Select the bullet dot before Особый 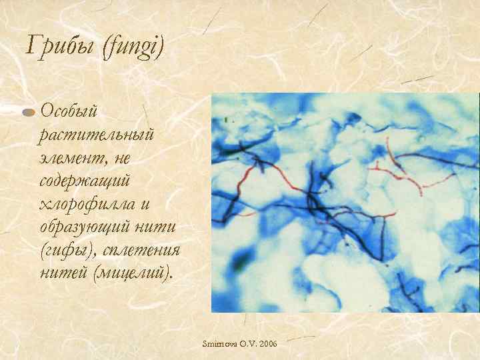coord(29,112)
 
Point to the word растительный coord(97,134)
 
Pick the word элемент coord(73,157)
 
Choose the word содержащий coord(85,180)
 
